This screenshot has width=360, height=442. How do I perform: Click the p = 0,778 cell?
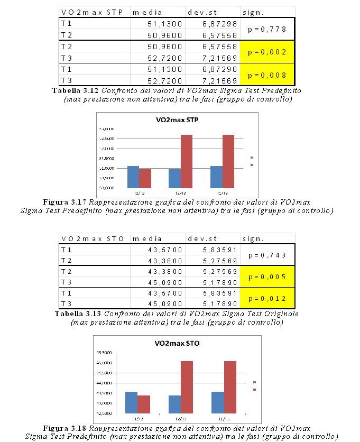tap(267, 29)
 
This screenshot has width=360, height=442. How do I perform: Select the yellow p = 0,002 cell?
tap(267, 52)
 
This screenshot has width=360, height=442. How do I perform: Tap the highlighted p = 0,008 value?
tap(267, 75)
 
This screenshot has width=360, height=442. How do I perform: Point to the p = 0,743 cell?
tap(267, 255)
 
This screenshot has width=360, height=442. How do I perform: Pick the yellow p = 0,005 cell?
tap(267, 277)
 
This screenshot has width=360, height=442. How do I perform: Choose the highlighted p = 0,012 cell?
tap(267, 299)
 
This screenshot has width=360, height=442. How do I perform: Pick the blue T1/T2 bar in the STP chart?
tap(133, 177)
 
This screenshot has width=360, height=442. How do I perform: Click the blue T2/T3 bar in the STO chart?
tap(174, 404)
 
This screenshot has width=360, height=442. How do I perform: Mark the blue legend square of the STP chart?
tap(251, 158)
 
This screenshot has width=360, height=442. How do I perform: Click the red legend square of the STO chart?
tap(254, 390)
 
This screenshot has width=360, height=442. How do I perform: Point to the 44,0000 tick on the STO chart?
tap(103, 383)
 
